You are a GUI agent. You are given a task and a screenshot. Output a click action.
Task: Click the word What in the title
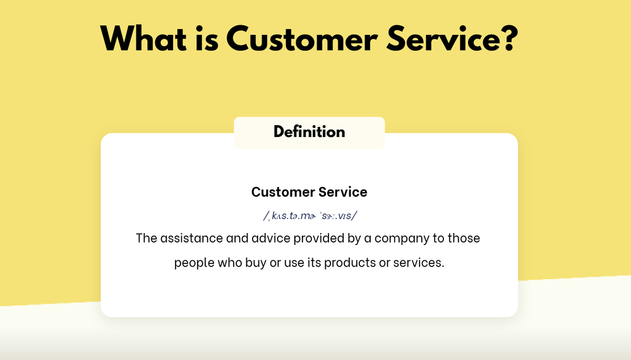coord(143,39)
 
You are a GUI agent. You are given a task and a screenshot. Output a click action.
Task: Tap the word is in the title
coord(207,39)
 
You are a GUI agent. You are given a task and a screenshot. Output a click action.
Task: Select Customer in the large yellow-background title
coord(302,39)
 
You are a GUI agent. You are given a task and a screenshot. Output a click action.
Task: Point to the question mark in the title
coord(510,39)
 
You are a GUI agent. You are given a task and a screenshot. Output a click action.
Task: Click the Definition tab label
coord(309,132)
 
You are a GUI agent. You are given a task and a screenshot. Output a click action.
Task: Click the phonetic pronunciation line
coord(310,215)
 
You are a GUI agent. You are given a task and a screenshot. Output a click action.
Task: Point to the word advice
coord(271,238)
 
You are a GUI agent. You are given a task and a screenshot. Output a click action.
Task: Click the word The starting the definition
coord(147,238)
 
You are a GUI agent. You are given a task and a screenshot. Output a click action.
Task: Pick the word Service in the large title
coord(442,39)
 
